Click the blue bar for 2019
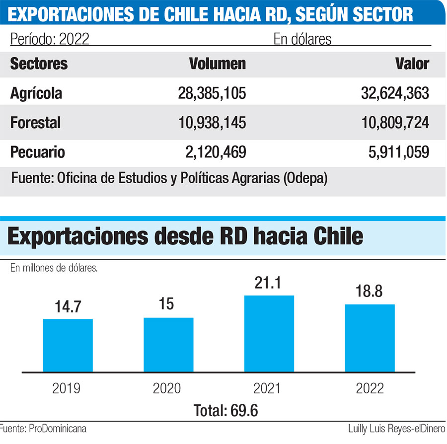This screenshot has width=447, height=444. coord(68,345)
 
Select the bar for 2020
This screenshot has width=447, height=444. coord(168,345)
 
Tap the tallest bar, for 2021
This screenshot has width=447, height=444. coord(269,334)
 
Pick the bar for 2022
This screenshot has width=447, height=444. coord(370,338)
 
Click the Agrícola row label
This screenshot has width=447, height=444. coord(36,93)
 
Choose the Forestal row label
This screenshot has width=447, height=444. coord(35,122)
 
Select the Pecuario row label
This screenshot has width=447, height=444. coord(38,151)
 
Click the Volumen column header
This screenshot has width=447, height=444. coord(217,64)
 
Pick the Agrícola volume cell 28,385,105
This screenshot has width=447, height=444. coord(212,93)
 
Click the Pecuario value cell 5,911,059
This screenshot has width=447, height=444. coord(396,151)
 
